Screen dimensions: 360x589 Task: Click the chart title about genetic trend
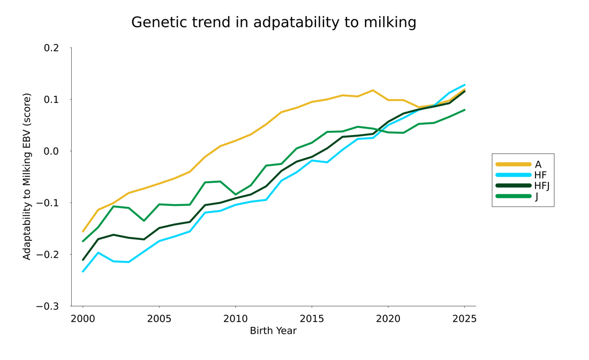[274, 22]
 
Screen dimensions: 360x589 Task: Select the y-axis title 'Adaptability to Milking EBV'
[27, 177]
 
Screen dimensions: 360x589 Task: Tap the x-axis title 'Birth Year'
[273, 331]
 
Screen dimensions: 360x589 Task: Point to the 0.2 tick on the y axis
[51, 48]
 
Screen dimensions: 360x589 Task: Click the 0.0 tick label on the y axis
[51, 151]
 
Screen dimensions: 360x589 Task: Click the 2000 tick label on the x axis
[83, 319]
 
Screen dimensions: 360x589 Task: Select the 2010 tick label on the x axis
[235, 319]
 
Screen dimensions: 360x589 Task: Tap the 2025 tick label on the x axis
[464, 319]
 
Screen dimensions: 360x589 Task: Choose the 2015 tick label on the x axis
[312, 319]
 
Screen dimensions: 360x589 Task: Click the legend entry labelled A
[538, 164]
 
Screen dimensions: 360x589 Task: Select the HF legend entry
[540, 175]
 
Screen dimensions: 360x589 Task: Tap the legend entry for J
[537, 197]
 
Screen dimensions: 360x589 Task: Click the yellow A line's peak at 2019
[373, 91]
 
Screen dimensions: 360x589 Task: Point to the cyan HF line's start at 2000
[83, 271]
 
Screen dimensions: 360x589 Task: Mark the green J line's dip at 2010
[235, 194]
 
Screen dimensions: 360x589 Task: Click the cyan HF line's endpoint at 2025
[464, 85]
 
